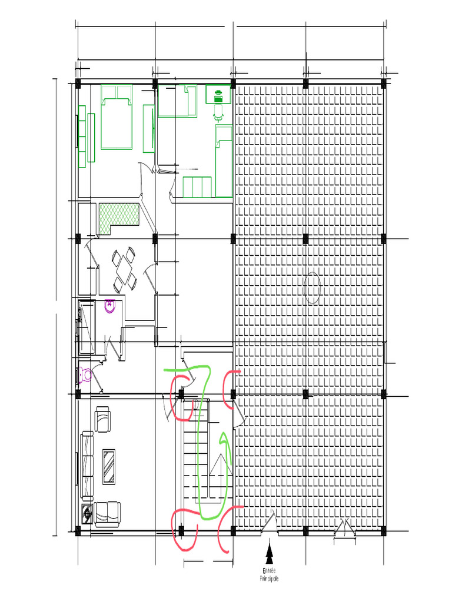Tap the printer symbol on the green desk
click(218, 93)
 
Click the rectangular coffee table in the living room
click(109, 467)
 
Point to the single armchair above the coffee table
click(102, 420)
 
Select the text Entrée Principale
click(270, 574)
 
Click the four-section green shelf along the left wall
click(87, 137)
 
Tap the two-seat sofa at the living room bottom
click(107, 512)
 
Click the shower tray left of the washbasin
click(87, 327)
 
